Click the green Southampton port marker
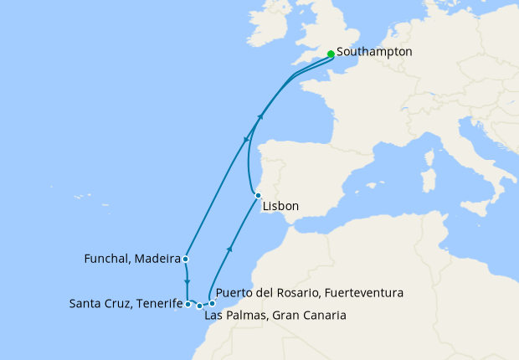(x=331, y=54)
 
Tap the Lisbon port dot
(x=258, y=196)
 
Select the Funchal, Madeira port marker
(x=184, y=260)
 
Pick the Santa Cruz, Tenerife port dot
(x=188, y=304)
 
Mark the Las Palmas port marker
(x=199, y=306)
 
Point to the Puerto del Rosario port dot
(x=212, y=303)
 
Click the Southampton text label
(x=374, y=52)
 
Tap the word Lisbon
(x=280, y=206)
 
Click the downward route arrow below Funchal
(x=187, y=282)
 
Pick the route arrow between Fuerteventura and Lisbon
(x=229, y=249)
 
